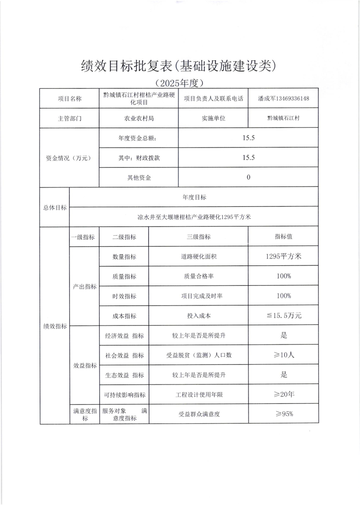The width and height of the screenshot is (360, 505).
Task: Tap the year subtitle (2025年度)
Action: [180, 83]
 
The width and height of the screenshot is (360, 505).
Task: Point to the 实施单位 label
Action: [213, 119]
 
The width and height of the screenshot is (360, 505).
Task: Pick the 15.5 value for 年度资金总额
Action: [249, 138]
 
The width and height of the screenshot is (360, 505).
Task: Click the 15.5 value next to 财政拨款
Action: [249, 158]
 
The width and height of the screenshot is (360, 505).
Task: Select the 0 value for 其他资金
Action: [249, 177]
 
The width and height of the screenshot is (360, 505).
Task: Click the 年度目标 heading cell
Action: [195, 197]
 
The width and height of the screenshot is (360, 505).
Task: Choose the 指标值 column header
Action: [284, 237]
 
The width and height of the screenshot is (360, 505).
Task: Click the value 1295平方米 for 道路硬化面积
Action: [284, 256]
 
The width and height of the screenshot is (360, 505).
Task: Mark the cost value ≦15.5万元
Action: [284, 316]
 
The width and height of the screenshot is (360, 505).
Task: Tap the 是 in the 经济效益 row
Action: [284, 335]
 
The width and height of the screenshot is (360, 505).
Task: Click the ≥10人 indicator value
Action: [284, 355]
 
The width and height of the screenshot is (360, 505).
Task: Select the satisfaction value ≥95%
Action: [284, 414]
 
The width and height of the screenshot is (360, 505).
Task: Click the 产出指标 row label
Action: [84, 286]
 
